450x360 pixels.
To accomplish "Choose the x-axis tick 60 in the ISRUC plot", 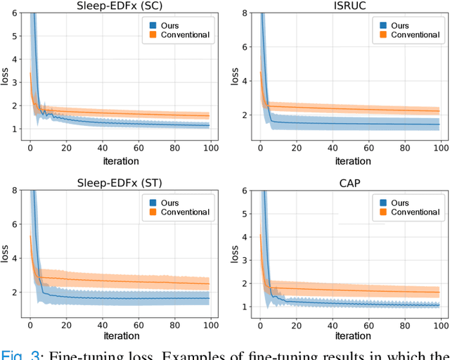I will (368, 149).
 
